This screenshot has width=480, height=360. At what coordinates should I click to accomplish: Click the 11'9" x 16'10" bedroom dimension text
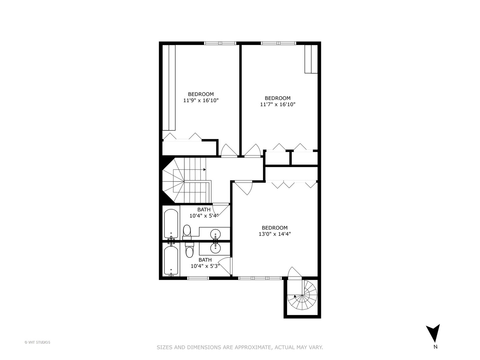coord(201,100)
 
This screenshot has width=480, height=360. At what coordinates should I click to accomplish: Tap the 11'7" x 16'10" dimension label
coord(278,104)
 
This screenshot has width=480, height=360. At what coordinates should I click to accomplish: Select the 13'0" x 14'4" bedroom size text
coord(275,234)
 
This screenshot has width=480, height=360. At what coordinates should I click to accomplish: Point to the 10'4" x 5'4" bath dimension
coord(204,216)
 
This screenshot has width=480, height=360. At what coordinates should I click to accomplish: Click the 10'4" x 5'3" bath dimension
coord(205,266)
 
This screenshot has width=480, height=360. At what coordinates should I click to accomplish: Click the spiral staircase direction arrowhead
coord(295,296)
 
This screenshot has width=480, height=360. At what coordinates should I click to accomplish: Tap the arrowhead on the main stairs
coord(204,169)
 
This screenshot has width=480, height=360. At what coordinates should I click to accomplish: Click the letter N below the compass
coord(435,347)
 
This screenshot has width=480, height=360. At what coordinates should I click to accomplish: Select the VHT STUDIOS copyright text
coord(37,342)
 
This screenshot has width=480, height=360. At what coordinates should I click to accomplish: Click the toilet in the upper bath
coord(187,231)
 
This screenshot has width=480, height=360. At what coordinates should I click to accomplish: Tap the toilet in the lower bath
coord(189,251)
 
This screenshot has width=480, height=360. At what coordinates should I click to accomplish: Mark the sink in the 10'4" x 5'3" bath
coord(215,247)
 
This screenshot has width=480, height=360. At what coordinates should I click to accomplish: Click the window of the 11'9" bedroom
coord(220,43)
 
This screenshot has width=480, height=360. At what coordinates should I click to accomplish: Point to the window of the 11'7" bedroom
coord(278,43)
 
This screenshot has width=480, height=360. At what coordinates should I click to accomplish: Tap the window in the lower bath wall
coord(198,278)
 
